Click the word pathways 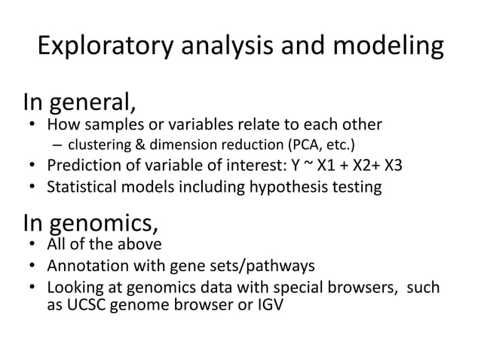[287, 266]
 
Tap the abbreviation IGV [269, 307]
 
